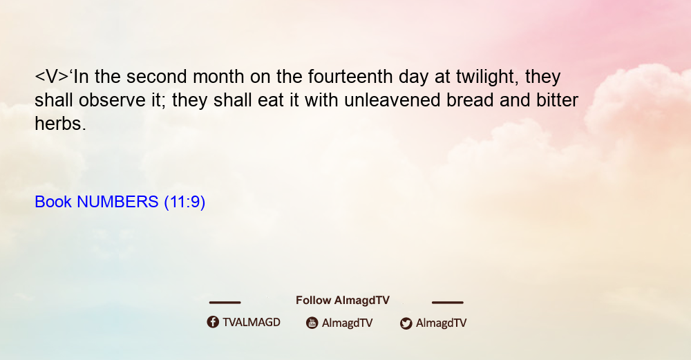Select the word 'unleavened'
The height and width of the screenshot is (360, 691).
pos(392,100)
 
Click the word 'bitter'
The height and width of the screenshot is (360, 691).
pos(557,100)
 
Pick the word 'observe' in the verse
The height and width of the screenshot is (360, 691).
pos(112,100)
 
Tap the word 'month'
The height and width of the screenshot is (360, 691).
pos(218,77)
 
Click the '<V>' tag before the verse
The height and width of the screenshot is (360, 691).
pos(52,77)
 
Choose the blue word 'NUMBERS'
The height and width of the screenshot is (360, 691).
pos(117,202)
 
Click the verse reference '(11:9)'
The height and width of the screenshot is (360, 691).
pos(184,202)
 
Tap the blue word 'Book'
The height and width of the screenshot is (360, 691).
pos(53,202)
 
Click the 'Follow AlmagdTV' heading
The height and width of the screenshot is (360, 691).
pos(343,301)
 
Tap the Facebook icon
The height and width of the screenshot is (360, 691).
pos(213,322)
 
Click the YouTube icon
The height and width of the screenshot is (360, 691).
pos(312,323)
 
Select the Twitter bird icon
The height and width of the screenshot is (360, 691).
pos(406,323)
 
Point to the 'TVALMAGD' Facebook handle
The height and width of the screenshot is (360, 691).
pos(252,323)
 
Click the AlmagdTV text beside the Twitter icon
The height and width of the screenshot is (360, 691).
pos(441,323)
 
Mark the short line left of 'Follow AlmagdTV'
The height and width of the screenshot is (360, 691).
pos(225,302)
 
